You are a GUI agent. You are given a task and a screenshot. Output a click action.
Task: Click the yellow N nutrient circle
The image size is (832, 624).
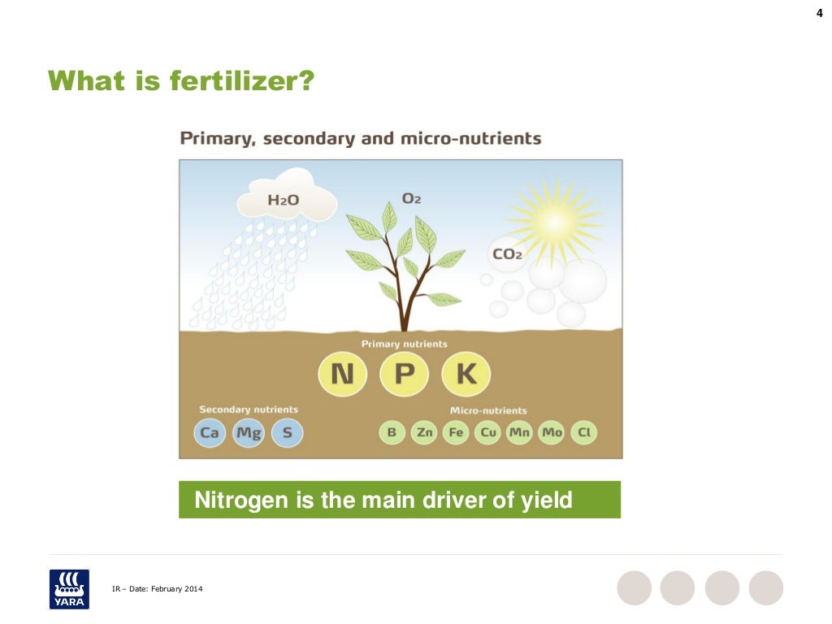[x=341, y=374]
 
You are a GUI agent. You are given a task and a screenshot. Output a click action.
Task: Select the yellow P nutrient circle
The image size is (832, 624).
[x=404, y=374]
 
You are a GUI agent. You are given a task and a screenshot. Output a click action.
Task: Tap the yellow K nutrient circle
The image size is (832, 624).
[x=466, y=374]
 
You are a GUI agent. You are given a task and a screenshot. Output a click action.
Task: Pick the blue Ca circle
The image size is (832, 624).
[x=210, y=432]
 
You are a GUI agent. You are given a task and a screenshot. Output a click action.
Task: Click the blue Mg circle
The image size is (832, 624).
[x=249, y=432]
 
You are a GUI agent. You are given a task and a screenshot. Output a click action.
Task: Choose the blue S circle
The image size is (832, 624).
[x=287, y=432]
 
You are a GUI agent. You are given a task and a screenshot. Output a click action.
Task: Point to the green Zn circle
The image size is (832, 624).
[x=424, y=432]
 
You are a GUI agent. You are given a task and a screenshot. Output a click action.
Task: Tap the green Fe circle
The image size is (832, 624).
[x=456, y=432]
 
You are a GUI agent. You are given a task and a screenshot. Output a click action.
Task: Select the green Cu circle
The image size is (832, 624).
[x=488, y=432]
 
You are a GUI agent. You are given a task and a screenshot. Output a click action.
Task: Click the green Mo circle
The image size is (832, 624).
[x=552, y=432]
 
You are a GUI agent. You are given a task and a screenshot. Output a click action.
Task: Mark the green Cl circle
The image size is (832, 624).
[x=583, y=432]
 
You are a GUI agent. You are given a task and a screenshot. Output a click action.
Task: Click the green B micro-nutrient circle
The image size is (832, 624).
[x=392, y=432]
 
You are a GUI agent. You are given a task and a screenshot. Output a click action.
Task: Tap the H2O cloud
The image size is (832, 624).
[x=286, y=197]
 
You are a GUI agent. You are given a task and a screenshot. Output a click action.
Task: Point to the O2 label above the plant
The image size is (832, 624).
[x=411, y=198]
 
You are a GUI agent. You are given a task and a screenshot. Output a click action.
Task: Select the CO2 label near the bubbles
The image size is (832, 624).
[x=507, y=254]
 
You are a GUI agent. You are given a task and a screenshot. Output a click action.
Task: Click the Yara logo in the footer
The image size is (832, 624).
[x=69, y=588]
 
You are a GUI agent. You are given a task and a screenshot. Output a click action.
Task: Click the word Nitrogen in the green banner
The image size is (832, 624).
[x=241, y=500]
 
